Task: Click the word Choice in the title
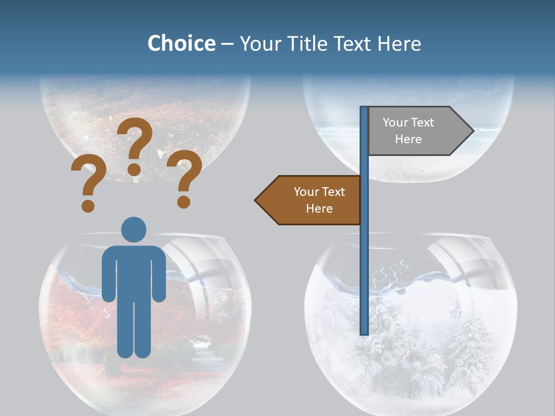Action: [181, 43]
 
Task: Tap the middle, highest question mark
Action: [135, 145]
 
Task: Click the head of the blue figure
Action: [134, 229]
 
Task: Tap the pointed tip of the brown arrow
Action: [257, 200]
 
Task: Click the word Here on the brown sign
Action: [319, 209]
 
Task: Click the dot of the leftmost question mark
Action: [88, 206]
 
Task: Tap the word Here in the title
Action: [399, 43]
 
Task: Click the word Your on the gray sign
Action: [395, 122]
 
